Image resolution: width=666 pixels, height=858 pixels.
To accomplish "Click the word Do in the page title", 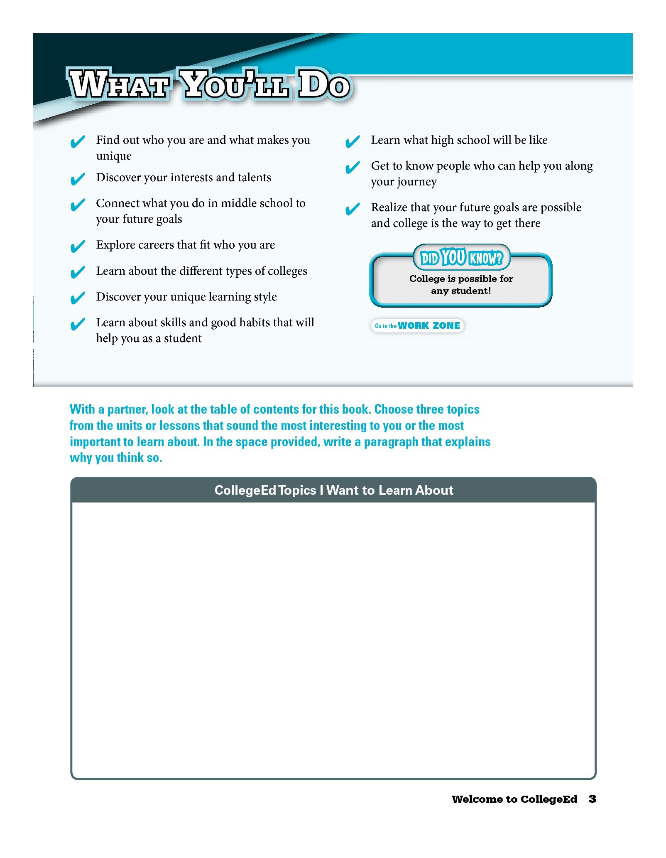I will [x=324, y=85].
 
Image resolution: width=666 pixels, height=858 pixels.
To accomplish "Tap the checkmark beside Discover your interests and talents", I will [x=78, y=179].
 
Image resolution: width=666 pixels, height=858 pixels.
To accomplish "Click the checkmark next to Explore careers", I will [x=78, y=247].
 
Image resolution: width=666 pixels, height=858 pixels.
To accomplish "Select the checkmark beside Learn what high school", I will [x=353, y=142].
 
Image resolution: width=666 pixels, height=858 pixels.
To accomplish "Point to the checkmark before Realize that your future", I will [x=353, y=209].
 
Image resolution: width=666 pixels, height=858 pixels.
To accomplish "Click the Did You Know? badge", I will [x=461, y=258].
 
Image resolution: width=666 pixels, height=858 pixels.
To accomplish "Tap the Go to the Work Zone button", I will [x=417, y=325].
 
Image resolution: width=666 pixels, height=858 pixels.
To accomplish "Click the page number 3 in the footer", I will [x=593, y=799].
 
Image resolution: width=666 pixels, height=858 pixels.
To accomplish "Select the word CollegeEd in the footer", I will [x=548, y=799].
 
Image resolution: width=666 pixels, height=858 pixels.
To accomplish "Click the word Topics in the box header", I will [x=297, y=490].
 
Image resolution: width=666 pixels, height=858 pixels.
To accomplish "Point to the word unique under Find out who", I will [x=114, y=156].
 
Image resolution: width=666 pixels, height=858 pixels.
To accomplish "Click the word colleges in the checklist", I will [x=287, y=271].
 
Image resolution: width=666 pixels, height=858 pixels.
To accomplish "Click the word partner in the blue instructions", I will [x=127, y=409].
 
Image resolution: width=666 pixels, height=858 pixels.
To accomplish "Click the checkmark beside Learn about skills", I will [x=78, y=324].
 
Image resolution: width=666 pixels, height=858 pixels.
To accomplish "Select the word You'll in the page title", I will [x=235, y=85].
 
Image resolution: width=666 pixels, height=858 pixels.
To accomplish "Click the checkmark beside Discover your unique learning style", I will [x=78, y=298].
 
